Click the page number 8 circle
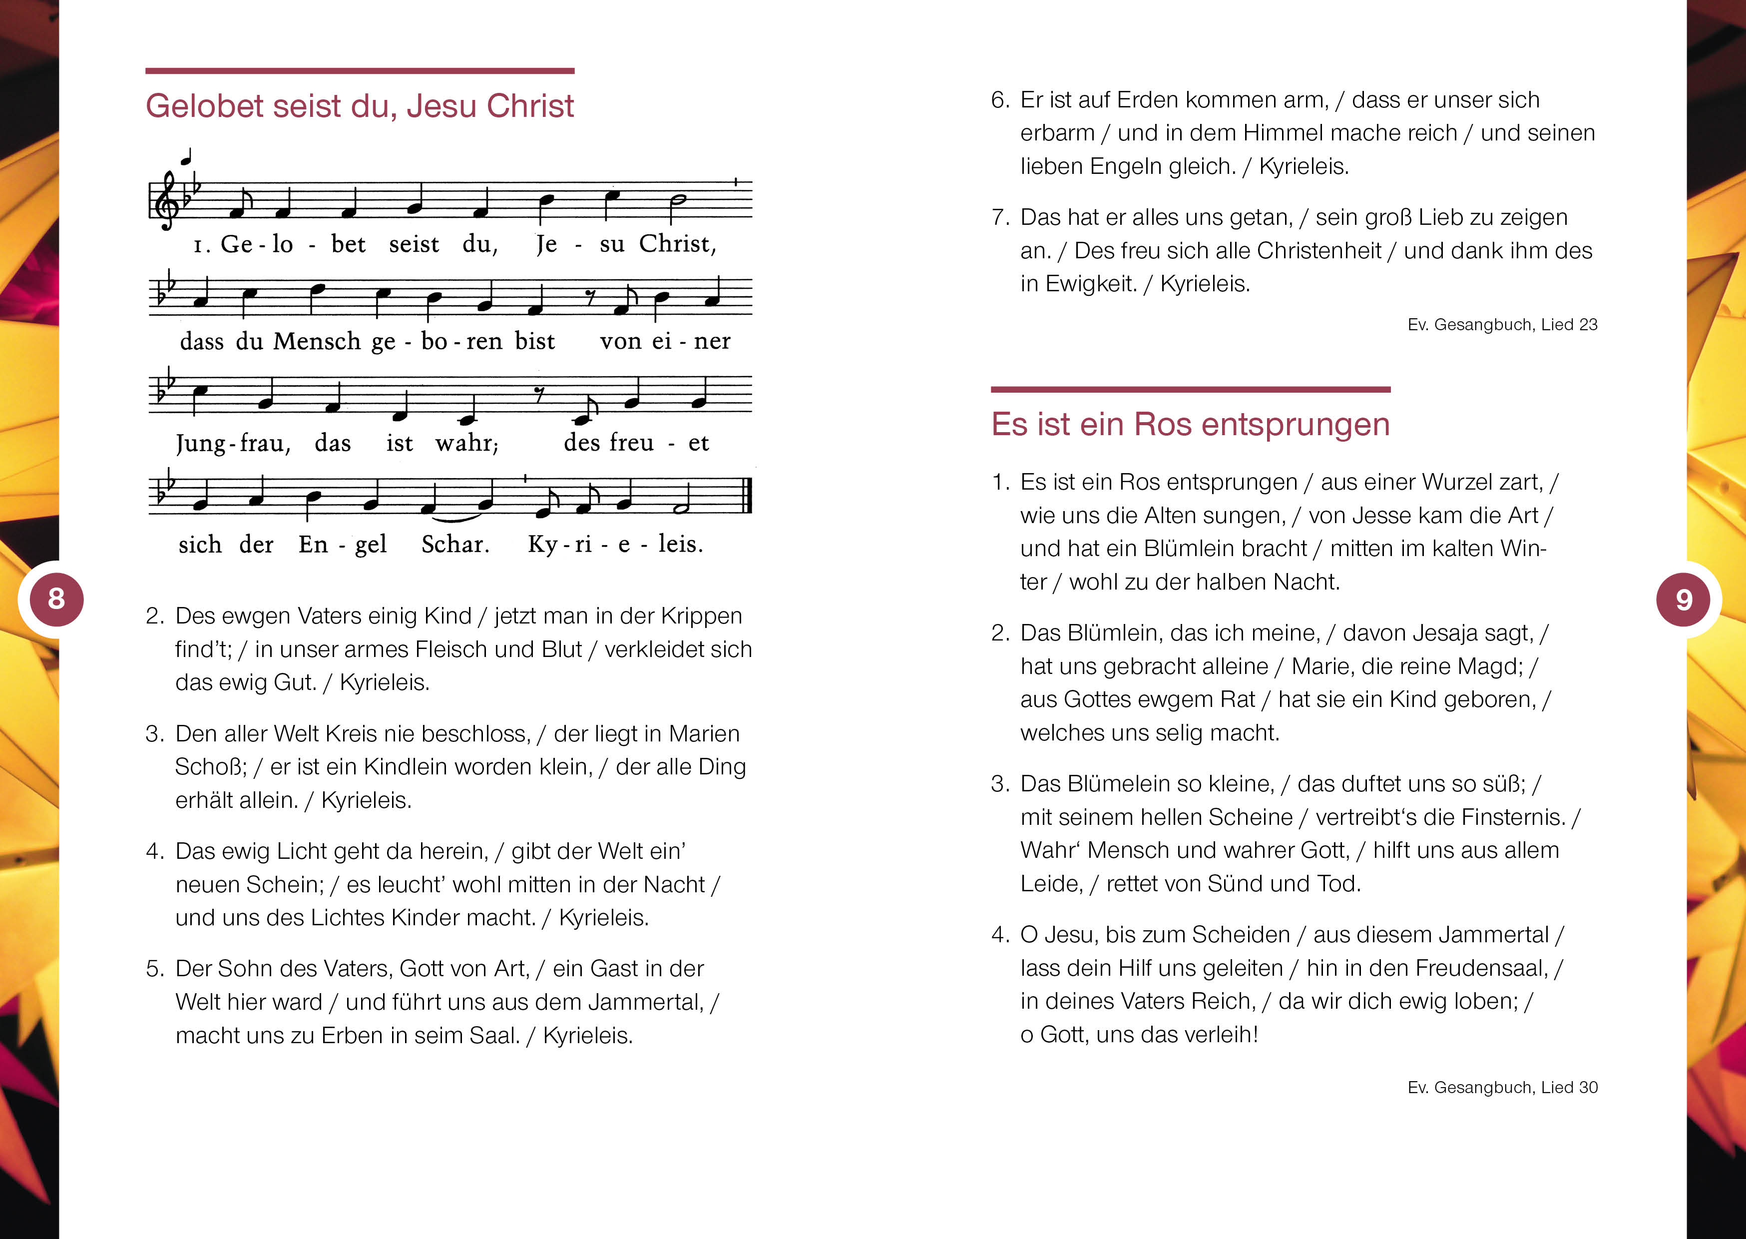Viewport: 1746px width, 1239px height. coord(55,599)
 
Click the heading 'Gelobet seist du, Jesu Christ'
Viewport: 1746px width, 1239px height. coord(359,106)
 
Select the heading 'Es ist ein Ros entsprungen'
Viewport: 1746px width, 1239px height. coord(1190,424)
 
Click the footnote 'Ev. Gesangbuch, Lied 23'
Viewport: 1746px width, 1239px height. coord(1502,324)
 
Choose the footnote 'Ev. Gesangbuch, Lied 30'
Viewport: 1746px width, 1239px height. coord(1502,1087)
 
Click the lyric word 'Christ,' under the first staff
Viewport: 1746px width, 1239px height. coord(677,244)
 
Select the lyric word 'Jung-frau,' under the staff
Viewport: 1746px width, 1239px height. coord(233,443)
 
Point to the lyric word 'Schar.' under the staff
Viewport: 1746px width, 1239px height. coord(455,545)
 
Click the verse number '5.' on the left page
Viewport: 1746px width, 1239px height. coord(155,969)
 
